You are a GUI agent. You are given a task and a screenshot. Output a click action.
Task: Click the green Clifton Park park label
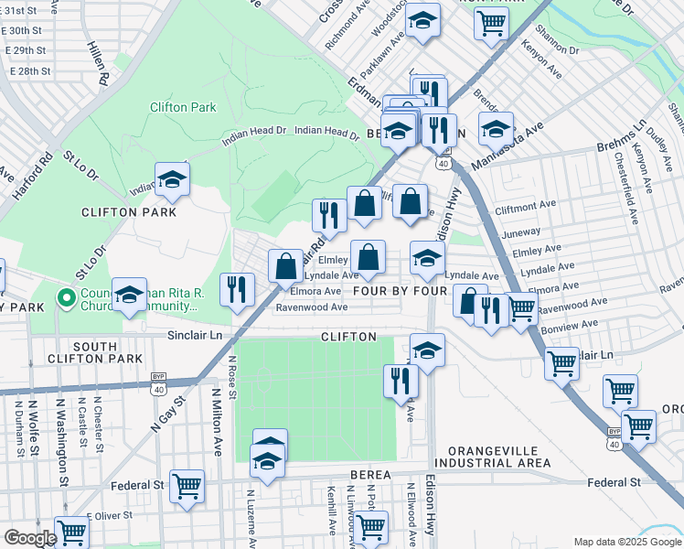click(x=183, y=107)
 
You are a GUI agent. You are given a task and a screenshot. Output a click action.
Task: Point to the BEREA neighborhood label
click(x=370, y=475)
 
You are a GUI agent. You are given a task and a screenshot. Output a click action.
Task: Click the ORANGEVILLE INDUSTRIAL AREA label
click(x=494, y=457)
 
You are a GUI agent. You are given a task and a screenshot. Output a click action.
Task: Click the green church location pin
click(x=65, y=297)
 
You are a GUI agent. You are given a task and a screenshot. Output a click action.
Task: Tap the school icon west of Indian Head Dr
click(x=171, y=181)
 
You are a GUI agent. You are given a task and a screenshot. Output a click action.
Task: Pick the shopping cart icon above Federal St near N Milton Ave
click(x=187, y=487)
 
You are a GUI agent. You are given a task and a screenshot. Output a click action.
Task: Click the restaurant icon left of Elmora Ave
click(x=238, y=290)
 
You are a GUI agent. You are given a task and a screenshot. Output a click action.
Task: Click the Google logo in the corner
click(x=30, y=538)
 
